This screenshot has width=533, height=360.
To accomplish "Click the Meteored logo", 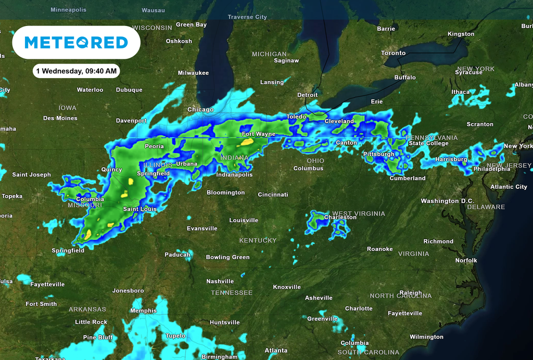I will pyautogui.click(x=76, y=43).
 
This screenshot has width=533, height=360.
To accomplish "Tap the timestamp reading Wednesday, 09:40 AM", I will pyautogui.click(x=77, y=71).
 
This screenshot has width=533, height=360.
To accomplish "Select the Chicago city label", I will pyautogui.click(x=200, y=110).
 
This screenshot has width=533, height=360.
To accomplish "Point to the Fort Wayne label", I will pyautogui.click(x=259, y=134).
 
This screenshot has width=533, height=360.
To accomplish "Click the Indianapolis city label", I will pyautogui.click(x=234, y=175).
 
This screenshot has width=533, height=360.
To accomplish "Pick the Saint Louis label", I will pyautogui.click(x=139, y=209).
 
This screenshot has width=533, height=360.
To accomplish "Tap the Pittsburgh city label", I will pyautogui.click(x=378, y=154).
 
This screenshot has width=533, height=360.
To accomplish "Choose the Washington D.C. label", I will pyautogui.click(x=447, y=201).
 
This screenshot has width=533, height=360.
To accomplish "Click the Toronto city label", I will pyautogui.click(x=393, y=53).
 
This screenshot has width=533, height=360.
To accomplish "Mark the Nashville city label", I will pyautogui.click(x=220, y=281).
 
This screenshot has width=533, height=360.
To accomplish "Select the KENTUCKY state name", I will pyautogui.click(x=258, y=240).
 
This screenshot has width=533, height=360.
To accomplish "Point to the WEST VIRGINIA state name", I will pyautogui.click(x=359, y=214).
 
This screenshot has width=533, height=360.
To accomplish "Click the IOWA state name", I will pyautogui.click(x=67, y=108).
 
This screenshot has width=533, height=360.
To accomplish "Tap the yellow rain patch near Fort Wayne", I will pyautogui.click(x=248, y=141).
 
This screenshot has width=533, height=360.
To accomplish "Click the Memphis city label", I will pyautogui.click(x=143, y=311).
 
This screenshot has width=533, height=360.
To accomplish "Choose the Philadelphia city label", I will pyautogui.click(x=491, y=169).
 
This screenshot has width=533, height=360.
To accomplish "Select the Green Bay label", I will pyautogui.click(x=191, y=25).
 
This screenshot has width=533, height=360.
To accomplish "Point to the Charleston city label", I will pyautogui.click(x=340, y=217).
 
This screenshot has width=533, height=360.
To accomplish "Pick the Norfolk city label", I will pyautogui.click(x=466, y=260).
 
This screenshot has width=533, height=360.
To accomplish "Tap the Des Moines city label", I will pyautogui.click(x=60, y=118).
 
